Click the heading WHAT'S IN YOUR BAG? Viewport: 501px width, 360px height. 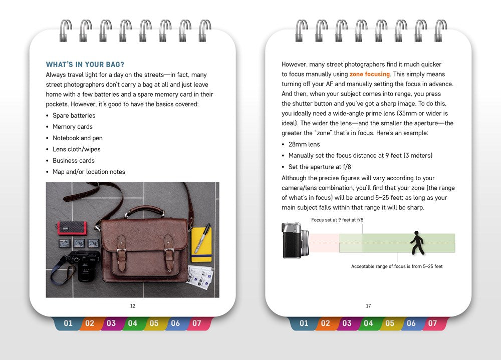(x=85, y=65)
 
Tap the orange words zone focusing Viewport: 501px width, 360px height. (x=369, y=74)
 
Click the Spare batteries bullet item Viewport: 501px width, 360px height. (x=74, y=116)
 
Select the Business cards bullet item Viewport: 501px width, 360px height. (x=73, y=161)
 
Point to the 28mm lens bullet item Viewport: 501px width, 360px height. (x=304, y=144)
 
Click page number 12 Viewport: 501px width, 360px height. (x=132, y=306)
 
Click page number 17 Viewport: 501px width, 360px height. (x=368, y=306)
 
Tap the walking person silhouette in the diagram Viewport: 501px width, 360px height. (x=417, y=243)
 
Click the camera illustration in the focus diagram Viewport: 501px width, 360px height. (x=295, y=241)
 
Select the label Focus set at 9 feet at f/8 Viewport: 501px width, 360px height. (x=337, y=220)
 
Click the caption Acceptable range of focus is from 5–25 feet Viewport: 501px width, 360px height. (x=397, y=266)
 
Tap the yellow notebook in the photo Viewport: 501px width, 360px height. (x=201, y=244)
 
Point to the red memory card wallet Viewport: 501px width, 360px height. (x=71, y=228)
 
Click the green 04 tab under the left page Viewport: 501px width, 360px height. (x=133, y=323)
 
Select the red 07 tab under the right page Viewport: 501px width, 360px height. (x=432, y=323)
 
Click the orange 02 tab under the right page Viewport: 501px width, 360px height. (x=326, y=323)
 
